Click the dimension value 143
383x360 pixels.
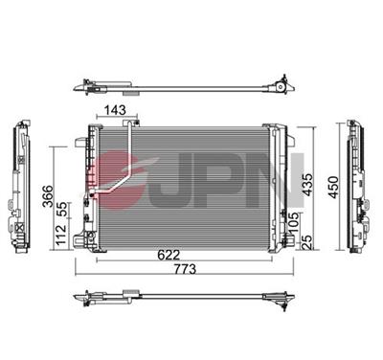tap(116, 111)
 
